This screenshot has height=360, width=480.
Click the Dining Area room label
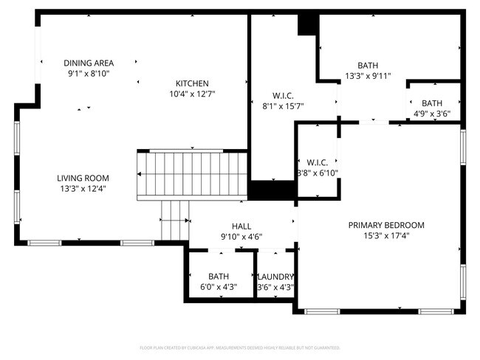(87, 63)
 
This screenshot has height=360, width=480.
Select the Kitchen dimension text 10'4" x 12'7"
(192, 94)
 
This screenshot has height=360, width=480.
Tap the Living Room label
(83, 178)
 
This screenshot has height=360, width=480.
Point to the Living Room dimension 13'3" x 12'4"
(83, 189)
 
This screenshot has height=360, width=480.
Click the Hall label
(241, 226)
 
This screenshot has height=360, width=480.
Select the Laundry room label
(275, 276)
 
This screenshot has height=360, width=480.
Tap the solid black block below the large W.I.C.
(272, 191)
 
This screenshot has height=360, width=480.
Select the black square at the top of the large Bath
(307, 24)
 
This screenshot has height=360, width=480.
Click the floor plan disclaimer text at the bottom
(240, 347)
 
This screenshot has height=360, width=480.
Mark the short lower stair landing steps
(176, 220)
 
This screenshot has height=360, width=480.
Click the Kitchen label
(192, 83)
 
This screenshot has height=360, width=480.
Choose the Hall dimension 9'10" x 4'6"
(241, 237)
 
